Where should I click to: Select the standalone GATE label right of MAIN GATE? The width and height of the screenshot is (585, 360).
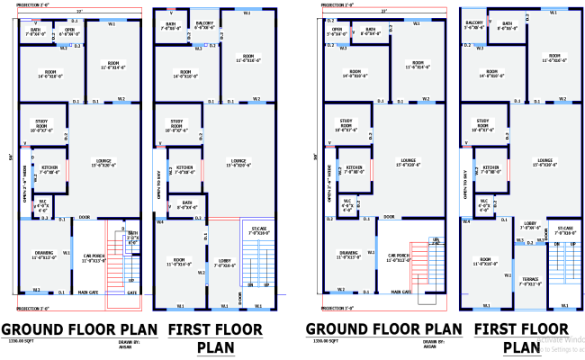131,292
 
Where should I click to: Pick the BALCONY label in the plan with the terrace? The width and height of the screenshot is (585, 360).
475,25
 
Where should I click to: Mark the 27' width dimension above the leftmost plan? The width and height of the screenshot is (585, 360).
78,12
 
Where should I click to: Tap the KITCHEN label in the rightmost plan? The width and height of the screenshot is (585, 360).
491,168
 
